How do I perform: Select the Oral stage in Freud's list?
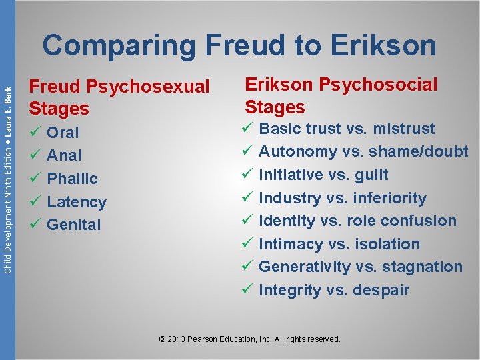pyautogui.click(x=63, y=133)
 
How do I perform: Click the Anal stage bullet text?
pyautogui.click(x=64, y=155)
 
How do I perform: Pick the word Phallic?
pyautogui.click(x=72, y=179)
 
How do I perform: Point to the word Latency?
pyautogui.click(x=77, y=202)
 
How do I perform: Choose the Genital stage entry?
pyautogui.click(x=73, y=225)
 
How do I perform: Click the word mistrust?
pyautogui.click(x=405, y=129)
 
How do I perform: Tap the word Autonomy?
pyautogui.click(x=297, y=151)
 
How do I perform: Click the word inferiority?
pyautogui.click(x=391, y=198)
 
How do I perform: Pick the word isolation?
pyautogui.click(x=388, y=244)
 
